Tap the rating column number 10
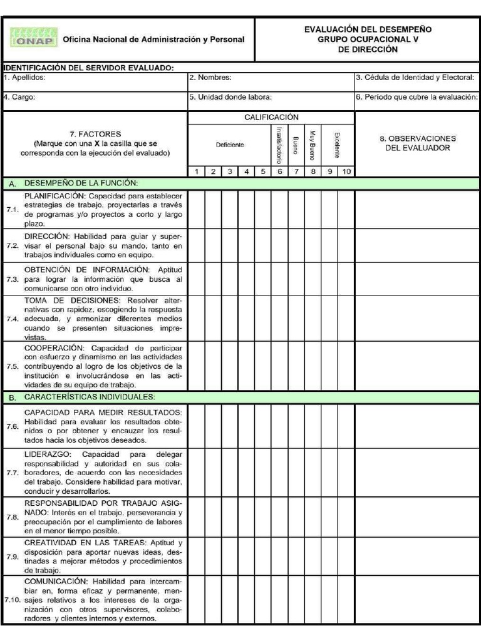coord(346,172)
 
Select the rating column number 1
coord(196,172)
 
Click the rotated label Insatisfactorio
coord(279,145)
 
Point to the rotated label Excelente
coord(338,145)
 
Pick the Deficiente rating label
coord(230,145)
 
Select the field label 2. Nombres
coord(210,78)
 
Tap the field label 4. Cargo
coord(19,97)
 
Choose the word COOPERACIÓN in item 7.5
coord(54,347)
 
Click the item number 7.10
coord(12,600)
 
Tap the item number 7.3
coord(12,280)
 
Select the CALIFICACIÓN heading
coord(271,117)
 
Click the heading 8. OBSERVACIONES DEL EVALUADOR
coord(418,143)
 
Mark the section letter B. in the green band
coord(13,397)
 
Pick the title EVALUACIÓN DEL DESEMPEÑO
coord(368,29)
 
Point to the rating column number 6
coord(279,172)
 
